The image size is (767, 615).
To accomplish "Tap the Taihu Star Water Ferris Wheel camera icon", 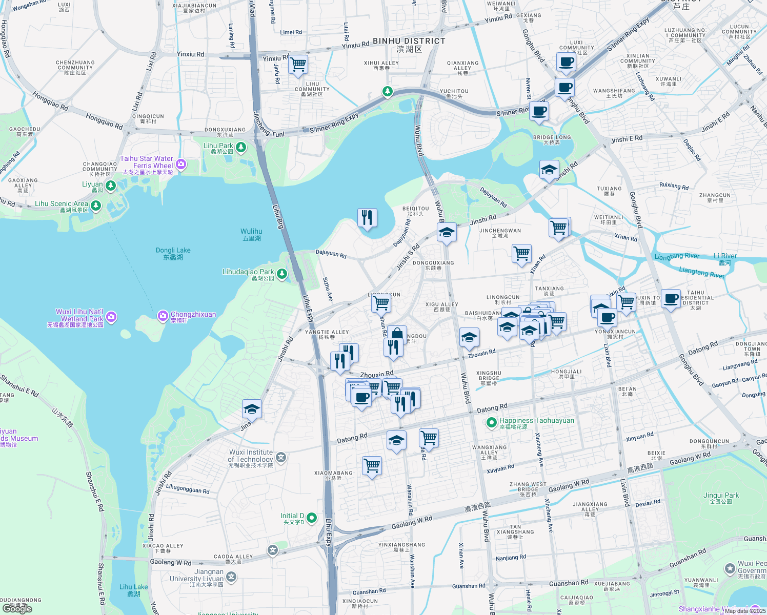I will [180, 165].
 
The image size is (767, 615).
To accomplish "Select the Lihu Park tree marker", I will [240, 148].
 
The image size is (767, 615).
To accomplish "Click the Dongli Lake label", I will [173, 254].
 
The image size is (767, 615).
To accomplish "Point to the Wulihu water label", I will [251, 234].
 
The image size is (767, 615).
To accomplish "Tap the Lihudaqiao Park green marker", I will [282, 274].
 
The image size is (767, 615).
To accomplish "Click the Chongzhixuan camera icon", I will [163, 315].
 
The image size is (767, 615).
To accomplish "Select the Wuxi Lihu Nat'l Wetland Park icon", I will [111, 317].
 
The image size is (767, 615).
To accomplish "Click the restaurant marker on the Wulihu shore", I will [367, 218].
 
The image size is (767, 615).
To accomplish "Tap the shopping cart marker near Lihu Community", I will [298, 65].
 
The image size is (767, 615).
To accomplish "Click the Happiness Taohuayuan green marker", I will [491, 422].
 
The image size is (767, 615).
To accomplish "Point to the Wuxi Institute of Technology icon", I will [280, 457].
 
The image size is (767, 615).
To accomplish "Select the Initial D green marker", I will [312, 518].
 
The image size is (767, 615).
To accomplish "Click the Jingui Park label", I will [721, 498].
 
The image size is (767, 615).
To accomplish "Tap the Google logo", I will [17, 609].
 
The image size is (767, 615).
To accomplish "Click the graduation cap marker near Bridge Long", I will [549, 170].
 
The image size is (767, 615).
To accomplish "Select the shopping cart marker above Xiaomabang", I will [372, 466].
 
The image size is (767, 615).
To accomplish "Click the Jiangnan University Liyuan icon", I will [231, 578].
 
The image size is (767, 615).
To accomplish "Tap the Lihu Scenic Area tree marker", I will [96, 206].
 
